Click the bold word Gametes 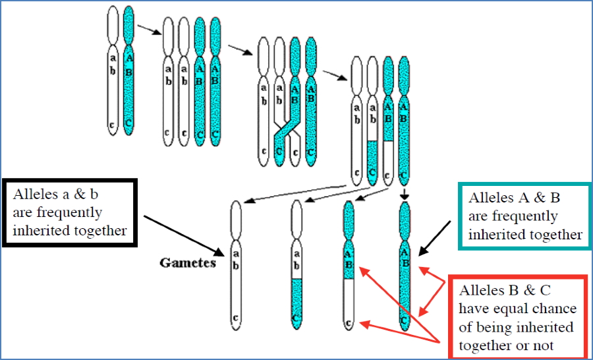187,262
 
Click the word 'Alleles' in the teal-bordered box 488,198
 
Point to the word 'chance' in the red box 555,309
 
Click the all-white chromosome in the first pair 113,69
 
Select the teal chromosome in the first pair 128,69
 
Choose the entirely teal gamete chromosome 406,264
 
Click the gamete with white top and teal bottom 297,264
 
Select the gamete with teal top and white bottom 349,264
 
